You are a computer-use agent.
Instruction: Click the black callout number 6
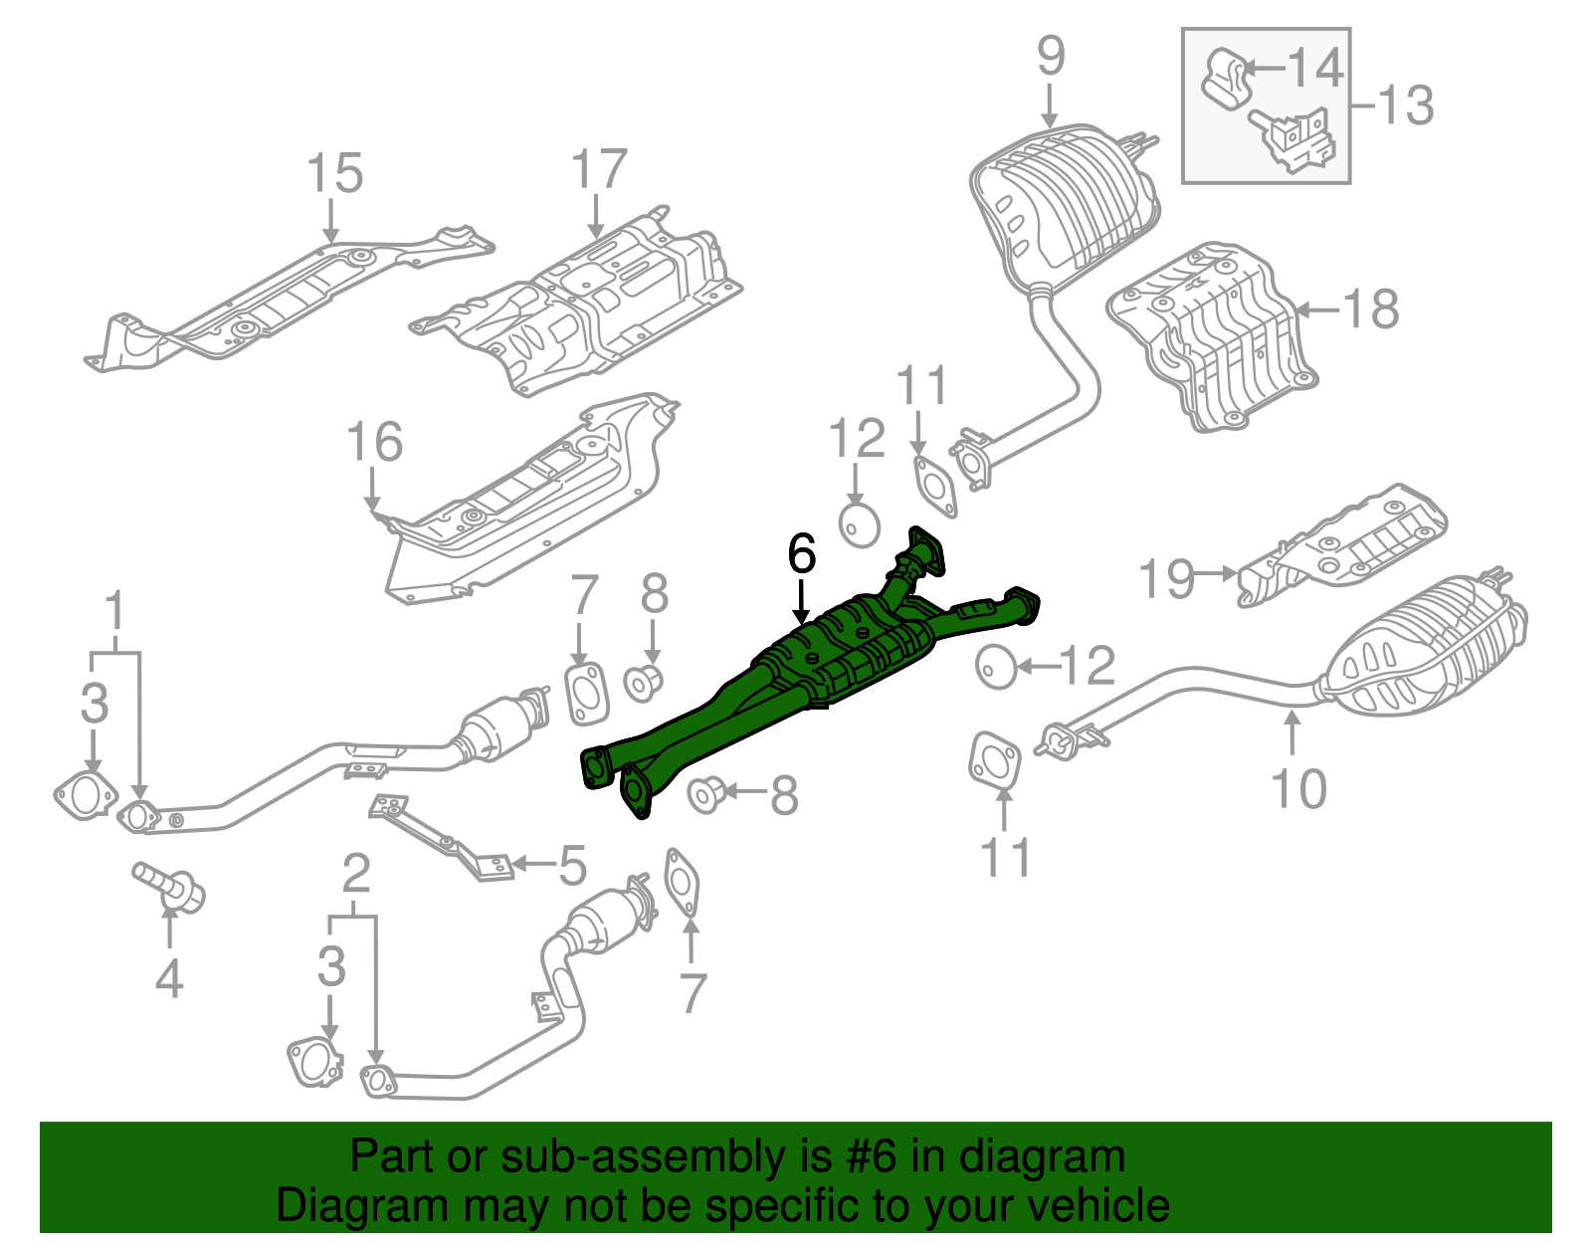coord(801,553)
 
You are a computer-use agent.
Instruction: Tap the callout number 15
coord(334,174)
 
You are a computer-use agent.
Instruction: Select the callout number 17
coord(599,170)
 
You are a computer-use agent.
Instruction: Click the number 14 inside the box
coord(1315,68)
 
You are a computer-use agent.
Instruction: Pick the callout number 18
coord(1371,310)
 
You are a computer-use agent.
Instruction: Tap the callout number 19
coord(1166,579)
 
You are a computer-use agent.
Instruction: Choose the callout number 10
coord(1298,789)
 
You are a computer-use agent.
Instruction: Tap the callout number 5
coord(572,867)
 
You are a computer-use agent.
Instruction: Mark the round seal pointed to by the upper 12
coord(860,524)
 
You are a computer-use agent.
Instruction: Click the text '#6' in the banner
coord(873,1157)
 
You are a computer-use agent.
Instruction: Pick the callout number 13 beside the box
coord(1405,105)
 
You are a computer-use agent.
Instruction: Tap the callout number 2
coord(355,875)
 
